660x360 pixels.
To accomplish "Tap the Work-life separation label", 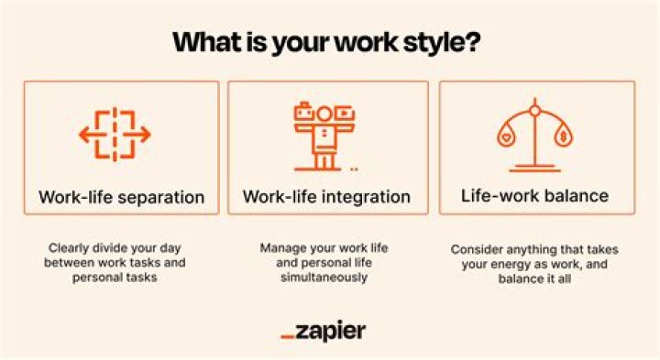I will (x=122, y=196).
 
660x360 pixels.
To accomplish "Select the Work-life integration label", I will (x=326, y=196).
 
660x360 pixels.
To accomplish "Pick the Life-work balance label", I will (x=535, y=196).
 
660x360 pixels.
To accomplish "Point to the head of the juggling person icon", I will (x=324, y=114).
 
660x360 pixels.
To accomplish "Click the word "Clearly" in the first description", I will (x=69, y=247).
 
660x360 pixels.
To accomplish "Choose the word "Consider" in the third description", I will (x=476, y=249).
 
